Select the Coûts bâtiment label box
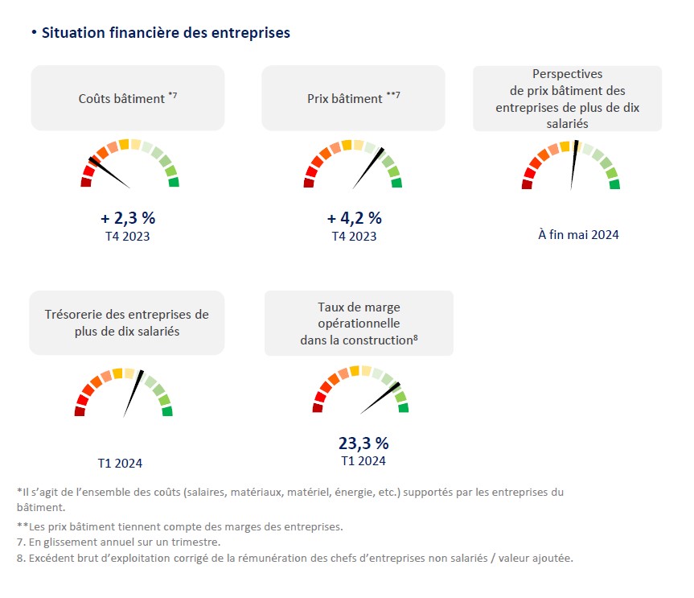pos(127,98)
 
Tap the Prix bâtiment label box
pos(353,98)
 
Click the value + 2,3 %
pos(127,218)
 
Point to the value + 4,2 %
pos(354,218)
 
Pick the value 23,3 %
pos(363,443)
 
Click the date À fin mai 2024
pos(578,235)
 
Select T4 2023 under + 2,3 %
pos(127,237)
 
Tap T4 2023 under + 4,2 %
pos(354,237)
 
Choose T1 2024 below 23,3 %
pos(363,461)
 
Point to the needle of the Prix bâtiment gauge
pos(368,167)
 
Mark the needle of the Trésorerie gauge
pos(133,394)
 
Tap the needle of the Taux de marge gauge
pos(379,399)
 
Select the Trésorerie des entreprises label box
pos(127,322)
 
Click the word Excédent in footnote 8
pos(50,558)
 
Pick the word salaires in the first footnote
pos(208,492)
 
